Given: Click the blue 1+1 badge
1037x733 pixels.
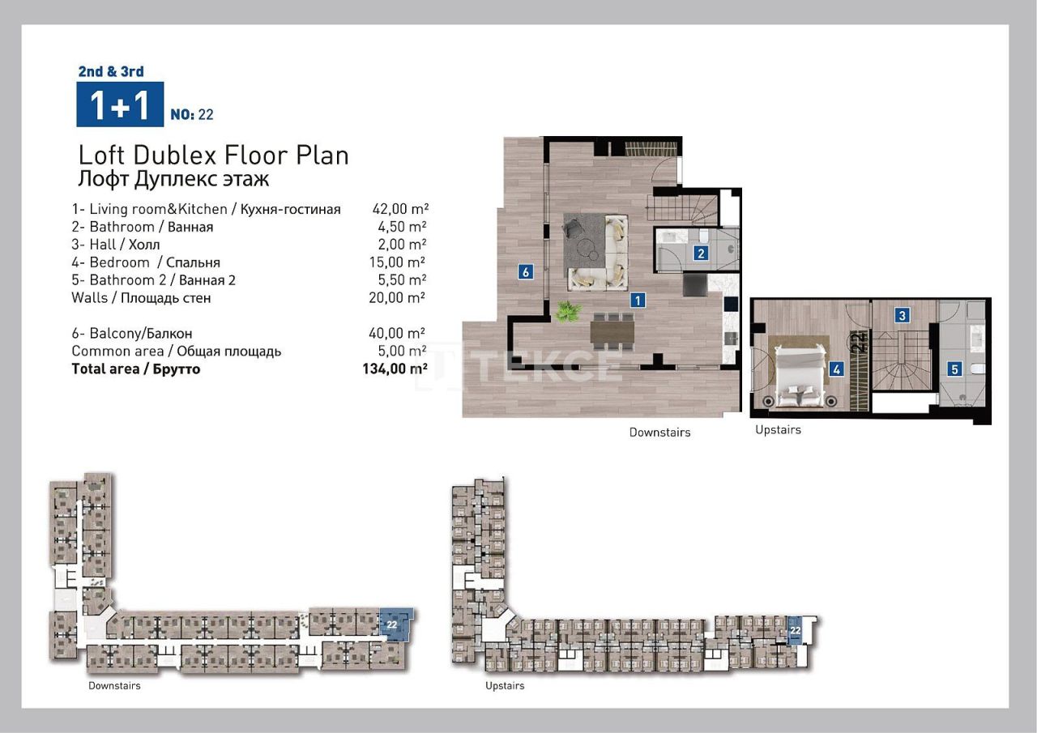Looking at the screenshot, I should tap(120, 104).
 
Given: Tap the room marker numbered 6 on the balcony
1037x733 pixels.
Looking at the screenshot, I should tap(526, 272).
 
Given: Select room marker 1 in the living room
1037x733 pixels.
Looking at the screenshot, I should tap(638, 300).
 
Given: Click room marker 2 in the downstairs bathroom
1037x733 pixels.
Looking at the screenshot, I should tap(702, 253).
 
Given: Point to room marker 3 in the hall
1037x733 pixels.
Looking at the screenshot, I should tap(902, 316).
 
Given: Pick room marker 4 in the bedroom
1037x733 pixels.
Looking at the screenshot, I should tap(837, 369).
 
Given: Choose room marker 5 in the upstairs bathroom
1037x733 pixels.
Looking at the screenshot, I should tap(954, 369).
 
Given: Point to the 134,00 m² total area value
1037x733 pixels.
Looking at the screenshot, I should tap(394, 369).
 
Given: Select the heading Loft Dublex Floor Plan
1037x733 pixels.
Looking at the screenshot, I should tap(213, 155).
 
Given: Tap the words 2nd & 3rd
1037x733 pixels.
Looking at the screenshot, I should tap(111, 71).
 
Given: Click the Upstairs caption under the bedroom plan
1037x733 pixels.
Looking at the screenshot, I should tap(778, 429).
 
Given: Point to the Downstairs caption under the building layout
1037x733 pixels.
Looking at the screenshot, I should tap(114, 686).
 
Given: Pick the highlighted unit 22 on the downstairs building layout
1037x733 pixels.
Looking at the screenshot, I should tap(395, 625).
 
